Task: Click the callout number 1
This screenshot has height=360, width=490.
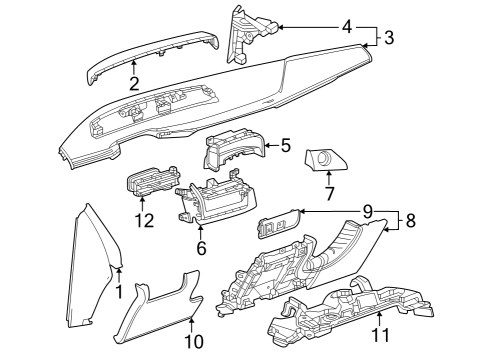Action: [119, 291]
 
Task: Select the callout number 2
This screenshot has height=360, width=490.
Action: [134, 84]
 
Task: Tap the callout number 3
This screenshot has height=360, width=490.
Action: [389, 37]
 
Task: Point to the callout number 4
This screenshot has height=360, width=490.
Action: [347, 27]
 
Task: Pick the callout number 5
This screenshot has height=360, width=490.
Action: [286, 145]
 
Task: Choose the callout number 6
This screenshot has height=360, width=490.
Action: [201, 248]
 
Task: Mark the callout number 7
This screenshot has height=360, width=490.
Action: [329, 194]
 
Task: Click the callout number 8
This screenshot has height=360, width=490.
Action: [410, 220]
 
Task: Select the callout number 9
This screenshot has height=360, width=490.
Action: [367, 211]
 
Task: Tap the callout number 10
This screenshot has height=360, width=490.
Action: [194, 341]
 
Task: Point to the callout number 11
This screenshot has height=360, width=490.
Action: [380, 335]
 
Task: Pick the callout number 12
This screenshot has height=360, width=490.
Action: [144, 220]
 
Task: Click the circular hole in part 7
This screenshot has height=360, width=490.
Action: [323, 157]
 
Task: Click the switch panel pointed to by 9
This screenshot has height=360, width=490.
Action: [278, 223]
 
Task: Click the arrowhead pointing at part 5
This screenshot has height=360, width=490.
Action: [268, 145]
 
